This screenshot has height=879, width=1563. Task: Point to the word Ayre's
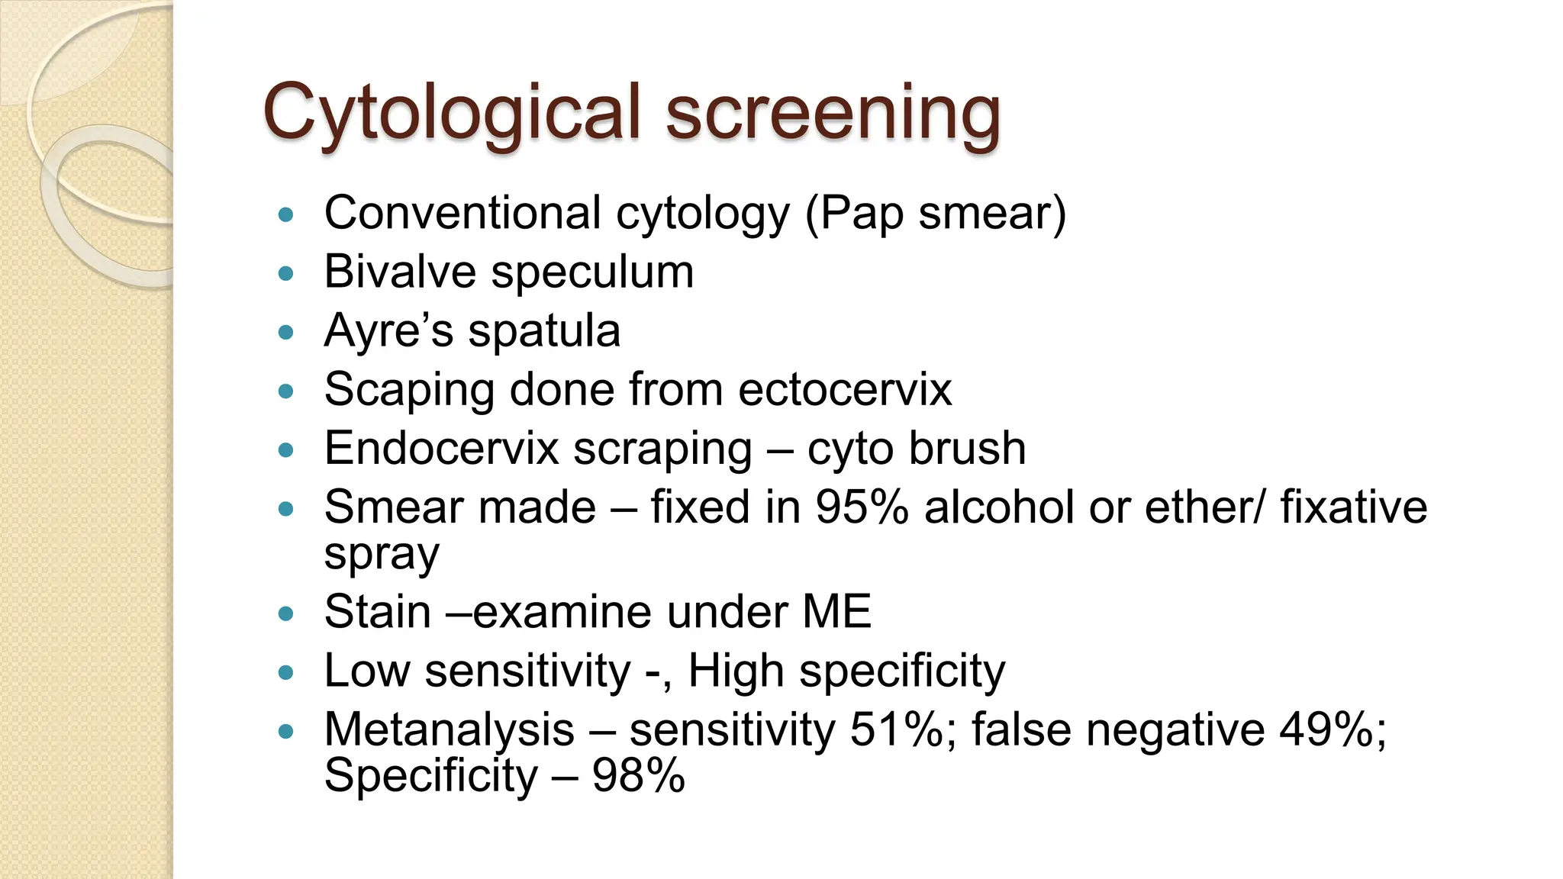click(x=388, y=331)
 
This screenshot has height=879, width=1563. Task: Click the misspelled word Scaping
click(x=409, y=391)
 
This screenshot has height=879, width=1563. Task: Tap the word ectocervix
click(x=845, y=390)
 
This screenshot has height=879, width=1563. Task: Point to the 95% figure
click(x=862, y=507)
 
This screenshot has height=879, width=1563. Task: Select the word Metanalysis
click(x=449, y=729)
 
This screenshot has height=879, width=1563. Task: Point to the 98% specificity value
click(x=638, y=776)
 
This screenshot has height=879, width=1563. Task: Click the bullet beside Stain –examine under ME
click(x=286, y=613)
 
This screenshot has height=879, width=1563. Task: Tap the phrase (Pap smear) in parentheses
click(x=936, y=213)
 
